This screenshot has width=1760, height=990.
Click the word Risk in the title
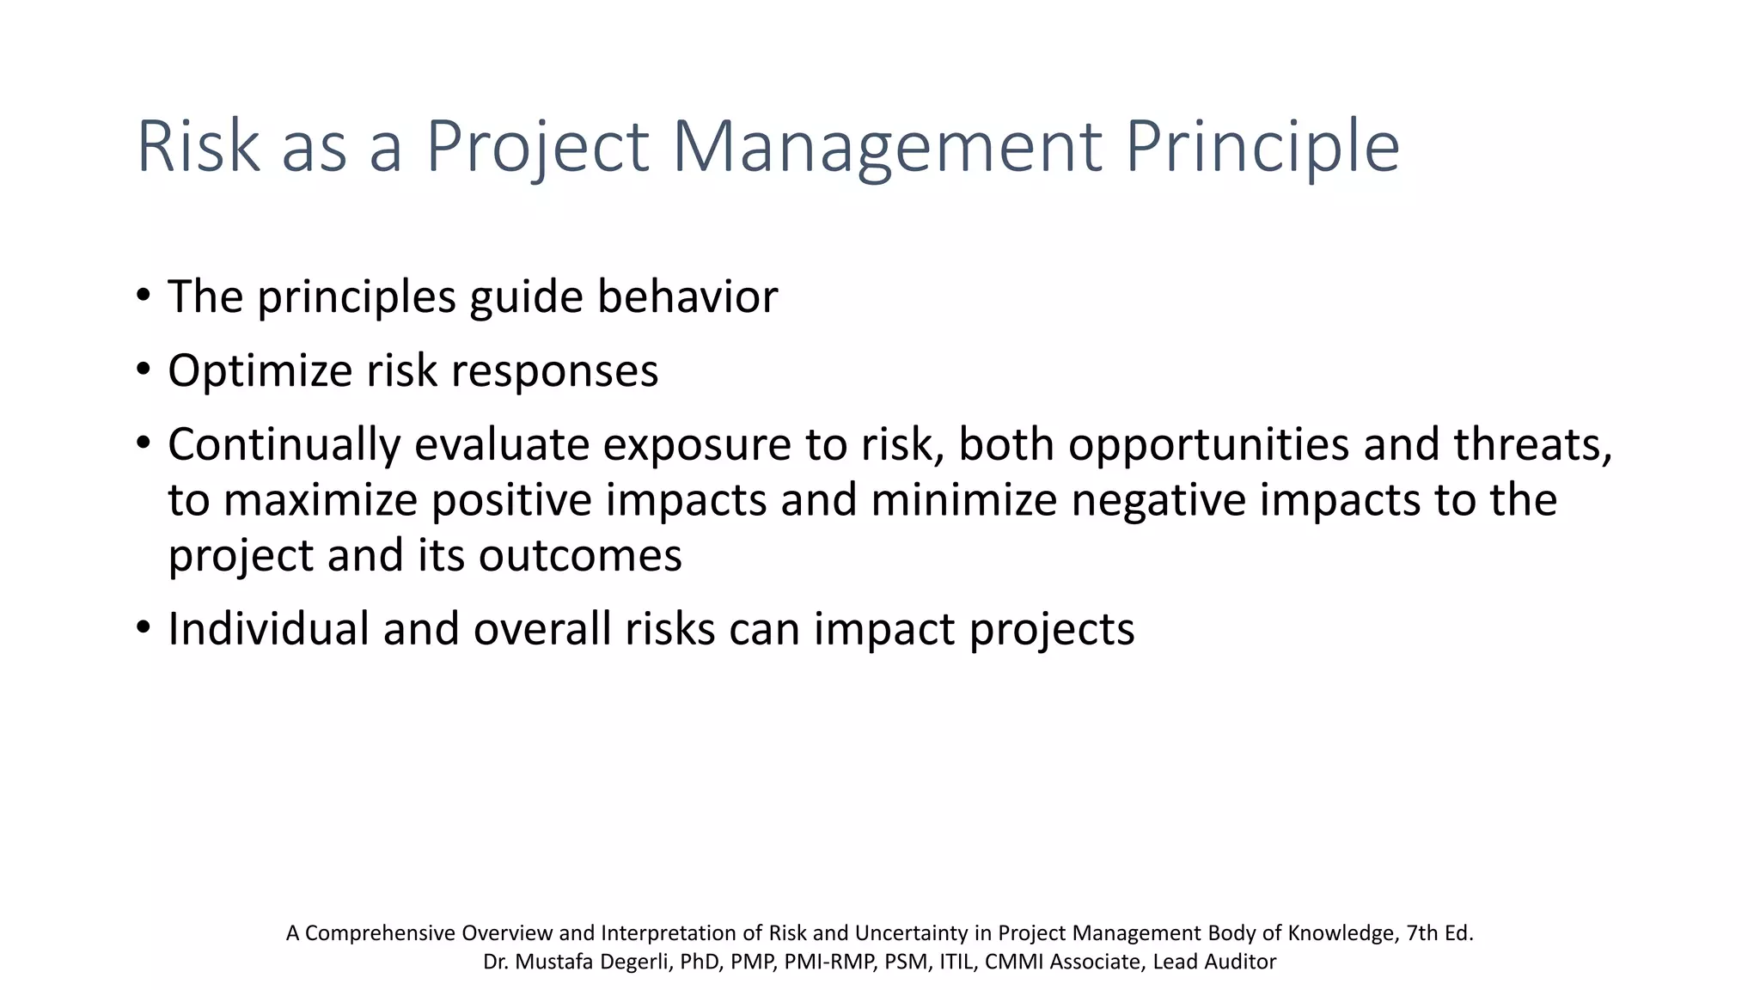point(199,147)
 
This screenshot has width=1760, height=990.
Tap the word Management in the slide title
point(886,147)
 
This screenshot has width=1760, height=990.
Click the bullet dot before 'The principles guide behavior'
point(144,296)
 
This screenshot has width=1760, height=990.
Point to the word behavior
point(687,296)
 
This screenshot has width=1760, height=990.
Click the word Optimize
point(260,371)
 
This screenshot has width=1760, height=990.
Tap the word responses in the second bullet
point(554,371)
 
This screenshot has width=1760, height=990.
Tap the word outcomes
point(580,555)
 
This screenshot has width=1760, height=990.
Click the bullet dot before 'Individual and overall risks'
point(144,628)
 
